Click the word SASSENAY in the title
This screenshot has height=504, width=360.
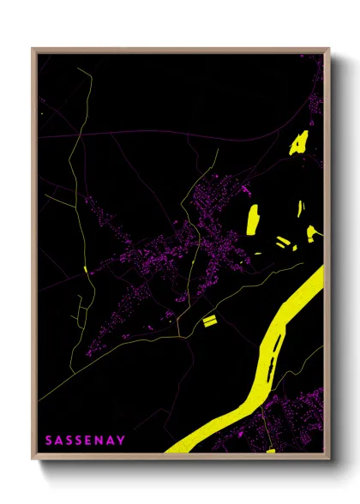(x=85, y=440)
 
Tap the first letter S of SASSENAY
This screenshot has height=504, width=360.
(x=49, y=440)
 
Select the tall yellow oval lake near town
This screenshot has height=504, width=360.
(x=253, y=219)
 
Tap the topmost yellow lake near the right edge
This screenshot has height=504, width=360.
(x=299, y=141)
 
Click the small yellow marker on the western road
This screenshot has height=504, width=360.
(x=87, y=271)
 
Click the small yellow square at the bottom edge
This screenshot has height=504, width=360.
(x=269, y=450)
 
